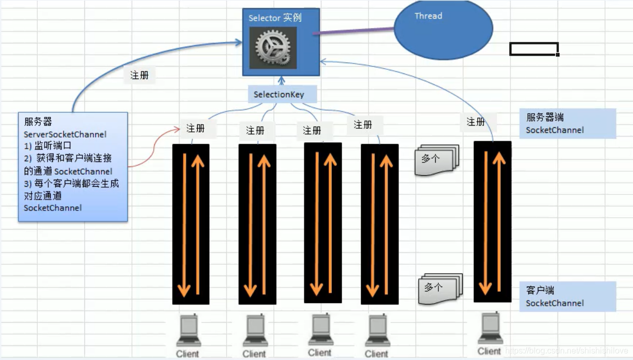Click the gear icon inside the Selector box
pos(273,48)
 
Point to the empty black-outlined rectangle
pos(534,49)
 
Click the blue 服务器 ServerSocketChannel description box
pos(73,167)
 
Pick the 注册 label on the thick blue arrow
pos(140,75)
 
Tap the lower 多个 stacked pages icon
pos(440,288)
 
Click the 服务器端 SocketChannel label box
pos(567,124)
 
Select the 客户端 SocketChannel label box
pos(567,297)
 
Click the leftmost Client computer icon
pos(188,331)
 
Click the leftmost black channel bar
pos(191,224)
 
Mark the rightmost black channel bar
pos(492,221)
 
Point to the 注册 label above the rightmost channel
pos(476,122)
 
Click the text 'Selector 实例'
pos(275,18)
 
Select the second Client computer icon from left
pos(255,331)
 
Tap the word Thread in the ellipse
pos(429,16)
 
